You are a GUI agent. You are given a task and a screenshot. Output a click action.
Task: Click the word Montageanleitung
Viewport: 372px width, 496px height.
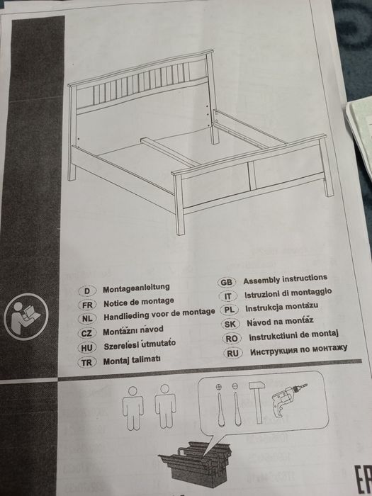pos(137,288)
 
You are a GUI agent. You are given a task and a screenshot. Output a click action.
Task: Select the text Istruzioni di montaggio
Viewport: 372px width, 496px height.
pos(288,293)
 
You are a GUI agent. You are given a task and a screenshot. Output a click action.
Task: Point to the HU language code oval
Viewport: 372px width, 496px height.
pos(86,347)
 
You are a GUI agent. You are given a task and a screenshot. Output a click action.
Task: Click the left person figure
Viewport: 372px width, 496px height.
pos(133,407)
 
